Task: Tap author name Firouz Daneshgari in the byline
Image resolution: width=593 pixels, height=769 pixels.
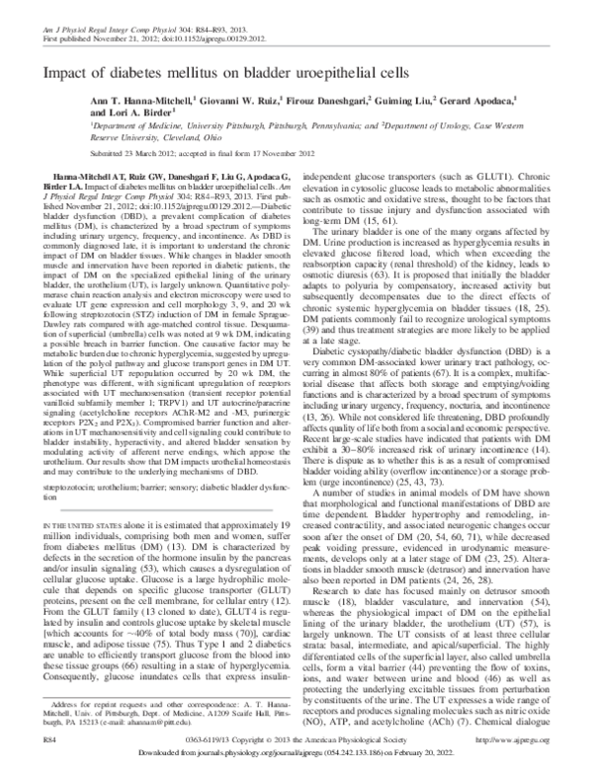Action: click(x=325, y=99)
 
